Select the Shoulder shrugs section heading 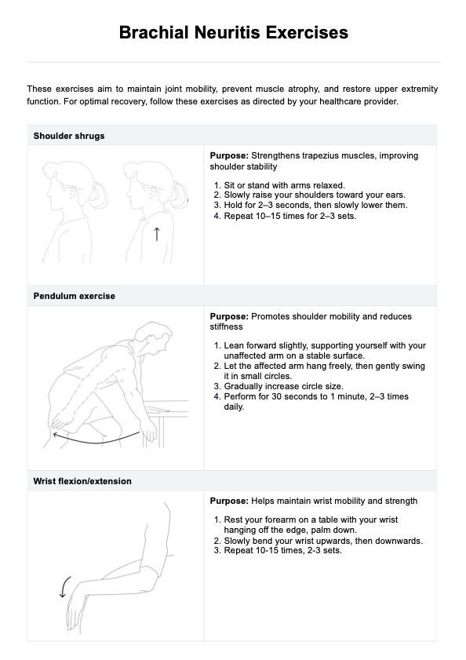tap(69, 136)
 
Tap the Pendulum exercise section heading tap(74, 296)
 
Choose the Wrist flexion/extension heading tap(82, 481)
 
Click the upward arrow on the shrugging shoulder tap(157, 234)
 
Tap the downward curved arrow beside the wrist tap(64, 586)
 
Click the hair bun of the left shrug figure tap(99, 195)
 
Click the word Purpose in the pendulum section tap(229, 316)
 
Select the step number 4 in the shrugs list tap(217, 217)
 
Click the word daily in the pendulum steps tap(234, 407)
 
